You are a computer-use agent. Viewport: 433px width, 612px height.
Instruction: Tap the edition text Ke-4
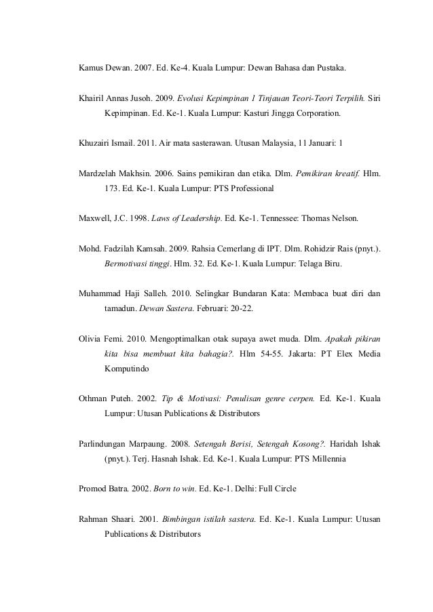(188, 68)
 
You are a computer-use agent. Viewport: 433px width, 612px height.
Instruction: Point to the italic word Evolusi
(192, 99)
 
